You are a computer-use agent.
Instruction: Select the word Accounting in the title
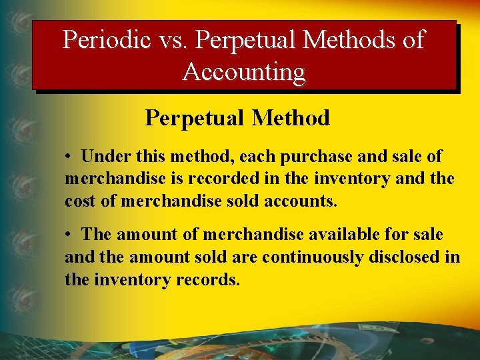click(244, 71)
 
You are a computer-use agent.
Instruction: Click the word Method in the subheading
click(291, 118)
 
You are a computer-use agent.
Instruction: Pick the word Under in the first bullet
click(102, 157)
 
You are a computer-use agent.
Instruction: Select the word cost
click(79, 201)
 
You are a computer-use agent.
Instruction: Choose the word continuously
click(313, 257)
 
